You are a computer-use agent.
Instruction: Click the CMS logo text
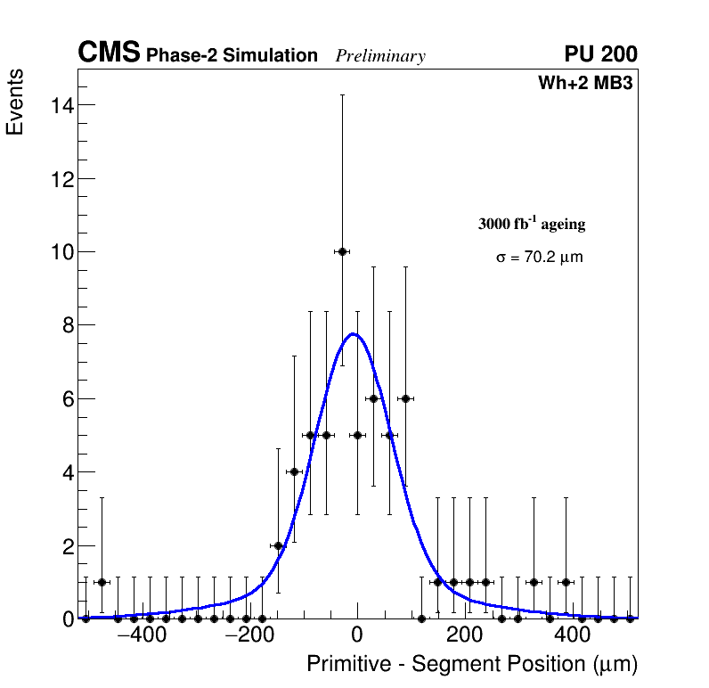click(109, 53)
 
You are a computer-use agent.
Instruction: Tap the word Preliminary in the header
click(380, 56)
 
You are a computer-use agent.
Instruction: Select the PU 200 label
click(600, 54)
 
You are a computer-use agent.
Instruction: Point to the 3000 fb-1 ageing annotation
click(532, 224)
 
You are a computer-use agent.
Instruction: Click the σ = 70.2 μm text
click(540, 258)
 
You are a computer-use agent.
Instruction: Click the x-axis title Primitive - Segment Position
click(472, 664)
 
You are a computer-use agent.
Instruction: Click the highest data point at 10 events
click(342, 251)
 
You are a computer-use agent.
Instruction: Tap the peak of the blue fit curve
click(354, 334)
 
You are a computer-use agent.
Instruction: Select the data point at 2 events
click(278, 545)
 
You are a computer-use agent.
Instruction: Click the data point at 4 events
click(294, 471)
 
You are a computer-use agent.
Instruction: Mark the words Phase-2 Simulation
click(232, 56)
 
